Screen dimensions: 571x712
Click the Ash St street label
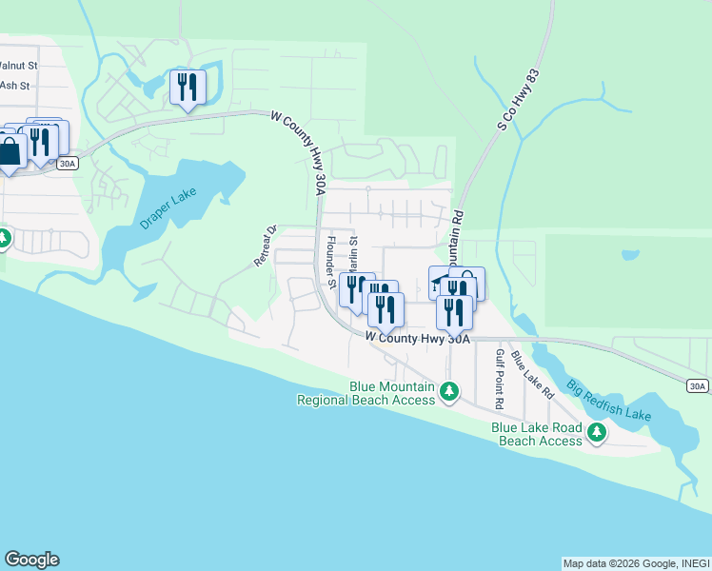(15, 86)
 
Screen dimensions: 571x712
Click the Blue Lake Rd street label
(532, 374)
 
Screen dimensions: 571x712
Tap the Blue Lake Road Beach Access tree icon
(597, 434)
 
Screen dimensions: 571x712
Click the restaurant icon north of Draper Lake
(187, 88)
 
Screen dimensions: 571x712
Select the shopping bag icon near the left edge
(10, 152)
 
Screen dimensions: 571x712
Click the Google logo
(31, 560)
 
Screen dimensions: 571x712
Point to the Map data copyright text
(635, 563)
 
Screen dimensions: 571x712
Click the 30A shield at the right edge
(698, 385)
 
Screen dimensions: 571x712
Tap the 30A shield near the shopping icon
(66, 164)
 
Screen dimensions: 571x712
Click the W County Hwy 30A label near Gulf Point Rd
(418, 338)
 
